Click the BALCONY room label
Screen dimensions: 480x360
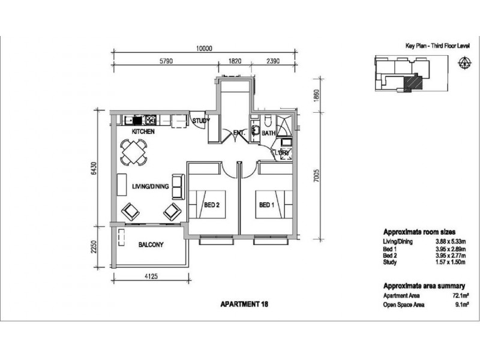click(151, 245)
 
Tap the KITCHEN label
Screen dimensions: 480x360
click(143, 131)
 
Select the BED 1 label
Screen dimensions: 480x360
click(266, 205)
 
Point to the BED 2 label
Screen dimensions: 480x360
click(212, 205)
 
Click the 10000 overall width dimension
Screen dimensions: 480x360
click(204, 49)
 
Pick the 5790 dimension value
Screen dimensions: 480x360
click(166, 61)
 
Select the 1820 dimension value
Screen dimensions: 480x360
click(235, 61)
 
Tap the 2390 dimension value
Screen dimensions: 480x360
click(273, 61)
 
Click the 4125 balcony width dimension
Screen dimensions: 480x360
click(151, 277)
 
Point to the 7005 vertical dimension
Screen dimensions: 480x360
click(317, 176)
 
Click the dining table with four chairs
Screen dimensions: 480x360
click(133, 152)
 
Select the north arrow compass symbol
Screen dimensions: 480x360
click(464, 62)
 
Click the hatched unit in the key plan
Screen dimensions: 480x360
click(413, 83)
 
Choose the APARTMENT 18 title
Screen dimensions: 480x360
click(244, 304)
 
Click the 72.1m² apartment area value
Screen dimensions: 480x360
click(461, 296)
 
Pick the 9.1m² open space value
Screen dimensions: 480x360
click(462, 305)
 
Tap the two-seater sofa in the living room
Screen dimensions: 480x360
click(178, 187)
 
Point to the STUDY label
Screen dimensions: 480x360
click(201, 121)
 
